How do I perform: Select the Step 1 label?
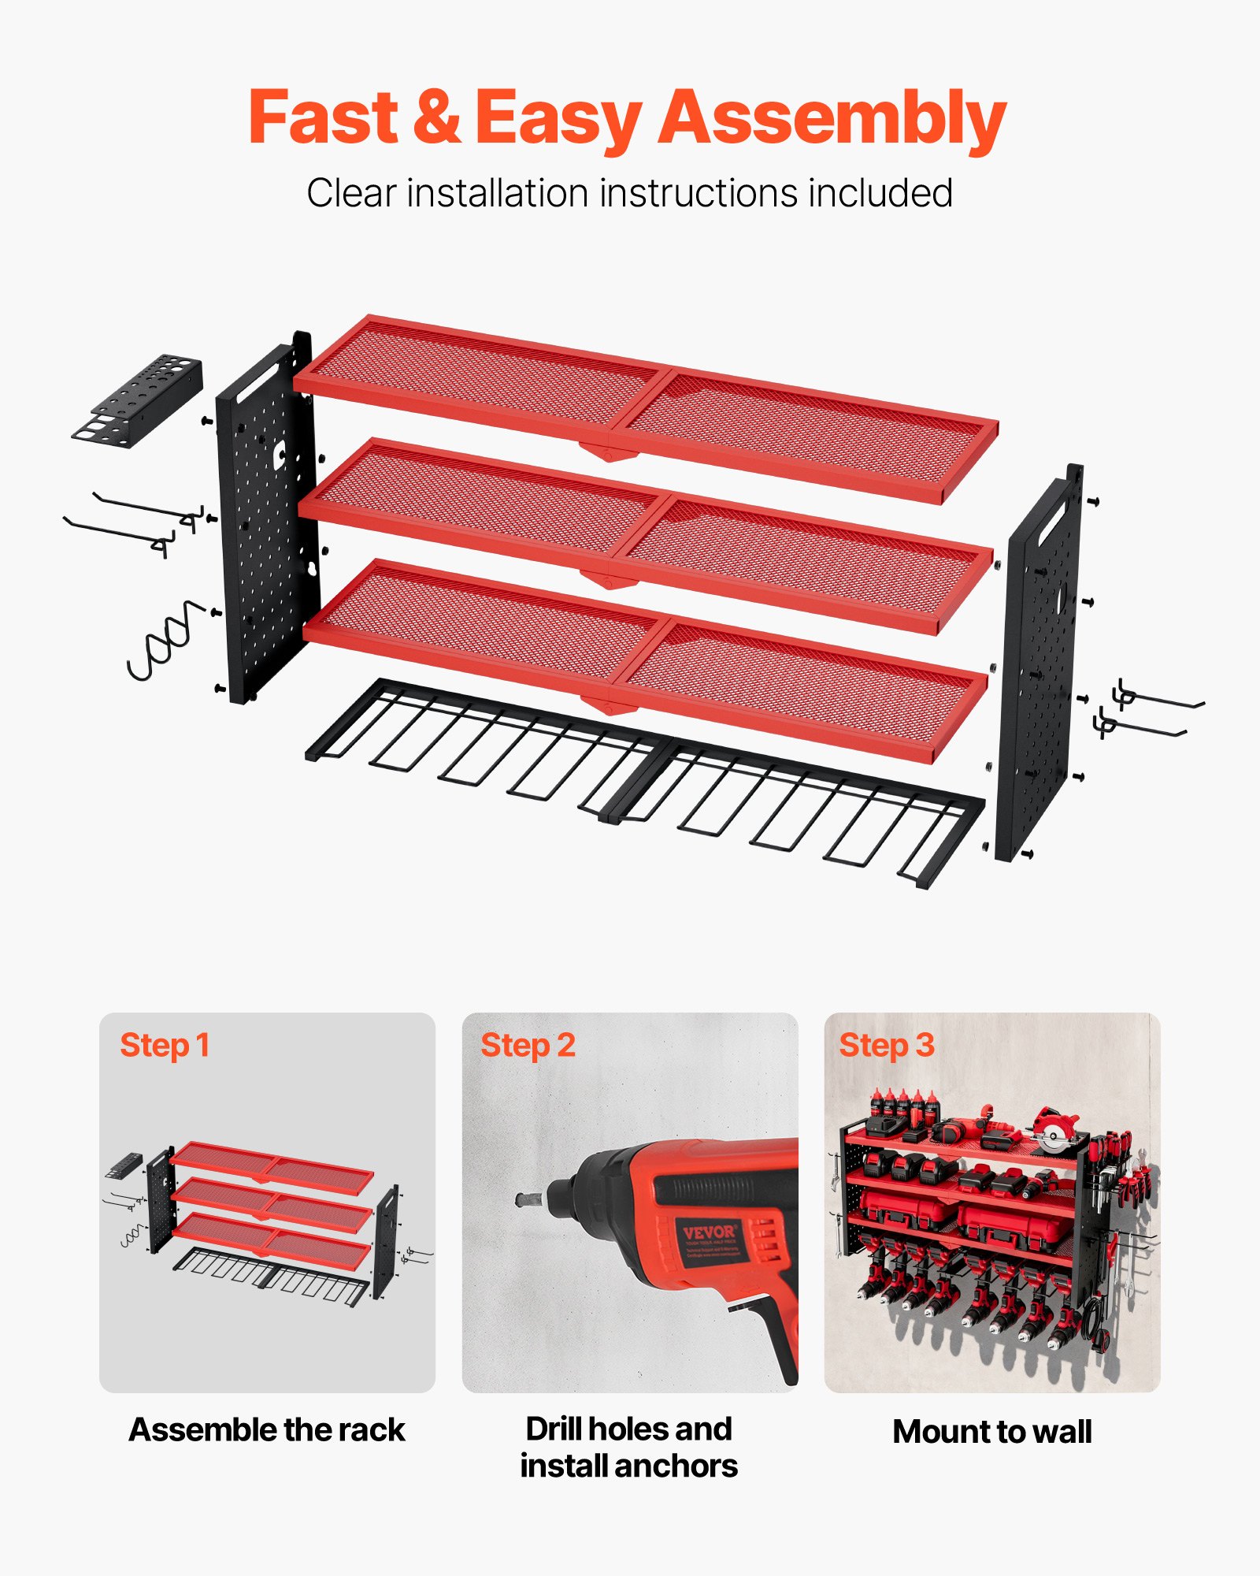[x=165, y=1046]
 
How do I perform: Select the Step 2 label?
[x=528, y=1046]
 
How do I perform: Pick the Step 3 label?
[x=886, y=1046]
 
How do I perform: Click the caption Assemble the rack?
[x=267, y=1429]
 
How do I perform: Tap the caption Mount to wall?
[x=991, y=1431]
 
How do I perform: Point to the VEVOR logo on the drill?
[x=708, y=1232]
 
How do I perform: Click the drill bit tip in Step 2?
[x=524, y=1200]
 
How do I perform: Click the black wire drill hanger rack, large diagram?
[x=646, y=780]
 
